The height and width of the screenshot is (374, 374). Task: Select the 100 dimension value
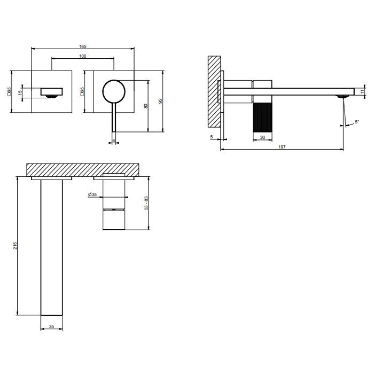[83, 57]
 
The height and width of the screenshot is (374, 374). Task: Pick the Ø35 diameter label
[93, 195]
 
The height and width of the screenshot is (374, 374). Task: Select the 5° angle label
[356, 122]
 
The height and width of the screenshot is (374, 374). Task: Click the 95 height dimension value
[161, 100]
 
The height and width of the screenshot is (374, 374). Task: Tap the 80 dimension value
[146, 106]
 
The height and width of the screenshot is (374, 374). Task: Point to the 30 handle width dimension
[262, 137]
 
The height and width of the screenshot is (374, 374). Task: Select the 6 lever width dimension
[113, 141]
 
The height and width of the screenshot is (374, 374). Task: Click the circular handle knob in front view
[112, 91]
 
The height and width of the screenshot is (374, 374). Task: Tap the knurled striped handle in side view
[262, 114]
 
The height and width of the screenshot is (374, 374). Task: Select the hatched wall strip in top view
[83, 169]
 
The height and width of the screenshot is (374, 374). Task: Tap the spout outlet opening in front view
[51, 96]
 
